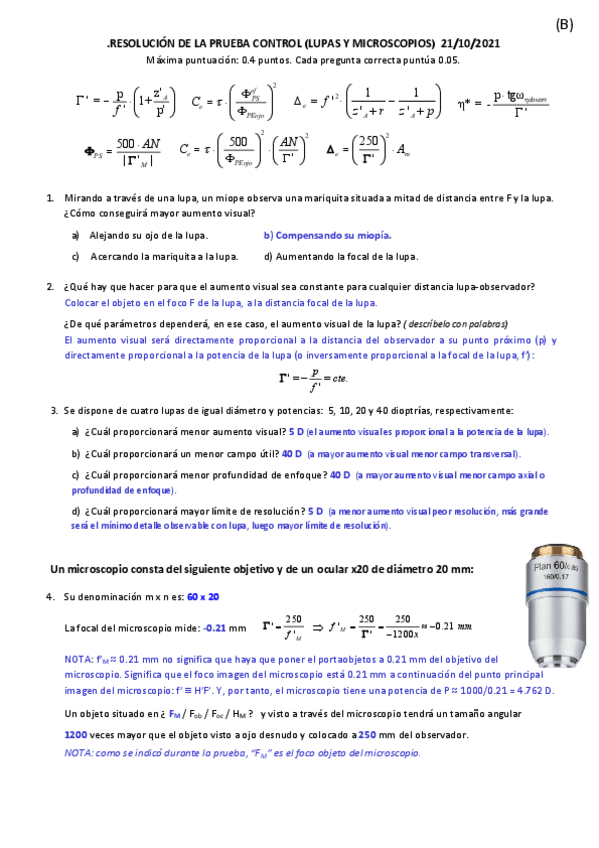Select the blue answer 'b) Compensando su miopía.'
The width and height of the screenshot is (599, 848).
pyautogui.click(x=327, y=235)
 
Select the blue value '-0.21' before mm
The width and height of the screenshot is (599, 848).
pyautogui.click(x=214, y=629)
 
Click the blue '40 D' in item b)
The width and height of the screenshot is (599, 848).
pyautogui.click(x=292, y=453)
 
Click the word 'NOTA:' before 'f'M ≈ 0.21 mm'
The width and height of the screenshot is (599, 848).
pyautogui.click(x=79, y=661)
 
